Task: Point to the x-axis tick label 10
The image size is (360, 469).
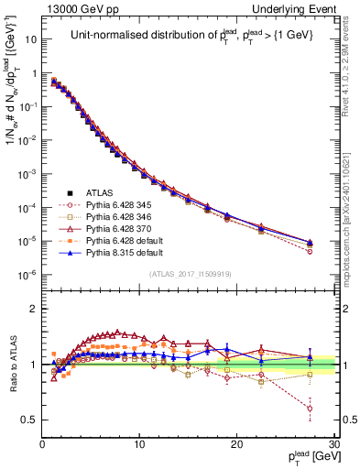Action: click(x=138, y=444)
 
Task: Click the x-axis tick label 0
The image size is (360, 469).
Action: click(x=42, y=444)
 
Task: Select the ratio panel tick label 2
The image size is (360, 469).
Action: click(x=33, y=309)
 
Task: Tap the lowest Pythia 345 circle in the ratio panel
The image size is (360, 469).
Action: click(x=310, y=409)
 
